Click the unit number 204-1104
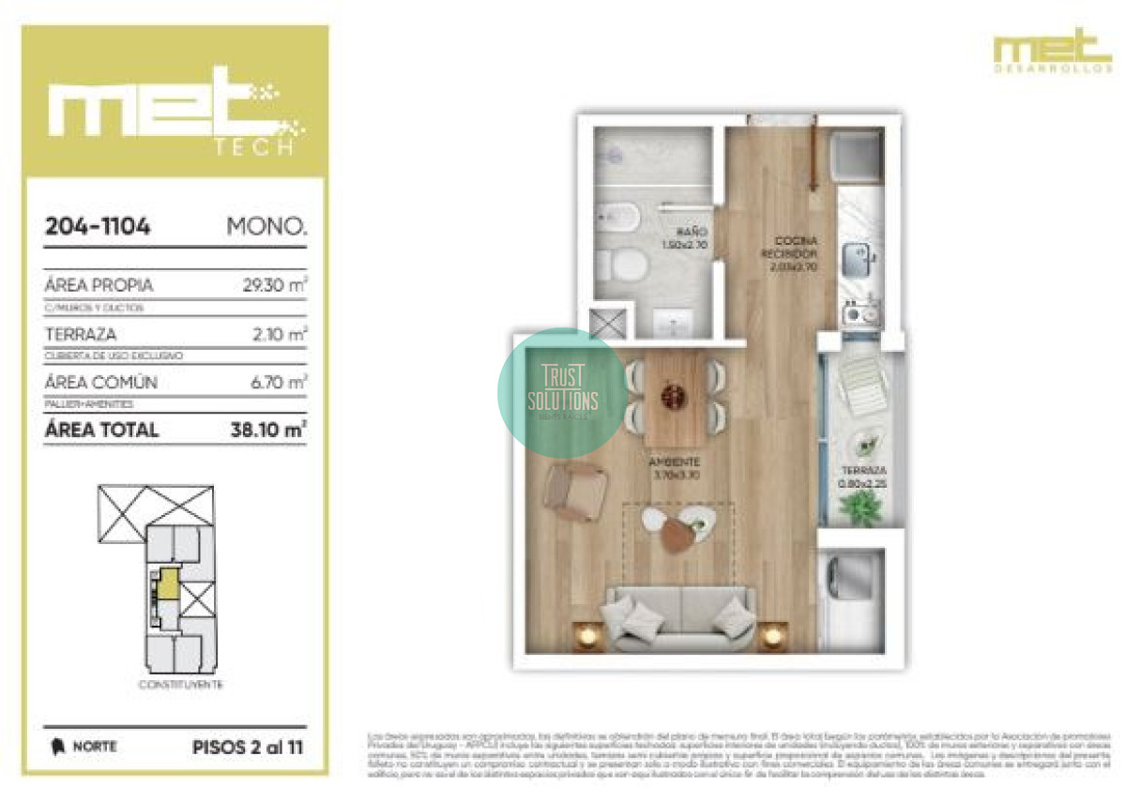click(99, 226)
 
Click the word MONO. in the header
click(266, 226)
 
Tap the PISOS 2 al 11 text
click(248, 748)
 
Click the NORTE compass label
click(95, 748)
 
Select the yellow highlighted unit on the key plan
click(167, 583)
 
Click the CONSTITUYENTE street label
click(180, 685)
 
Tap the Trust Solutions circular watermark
click(563, 393)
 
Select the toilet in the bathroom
click(627, 265)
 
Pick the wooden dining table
click(672, 397)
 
